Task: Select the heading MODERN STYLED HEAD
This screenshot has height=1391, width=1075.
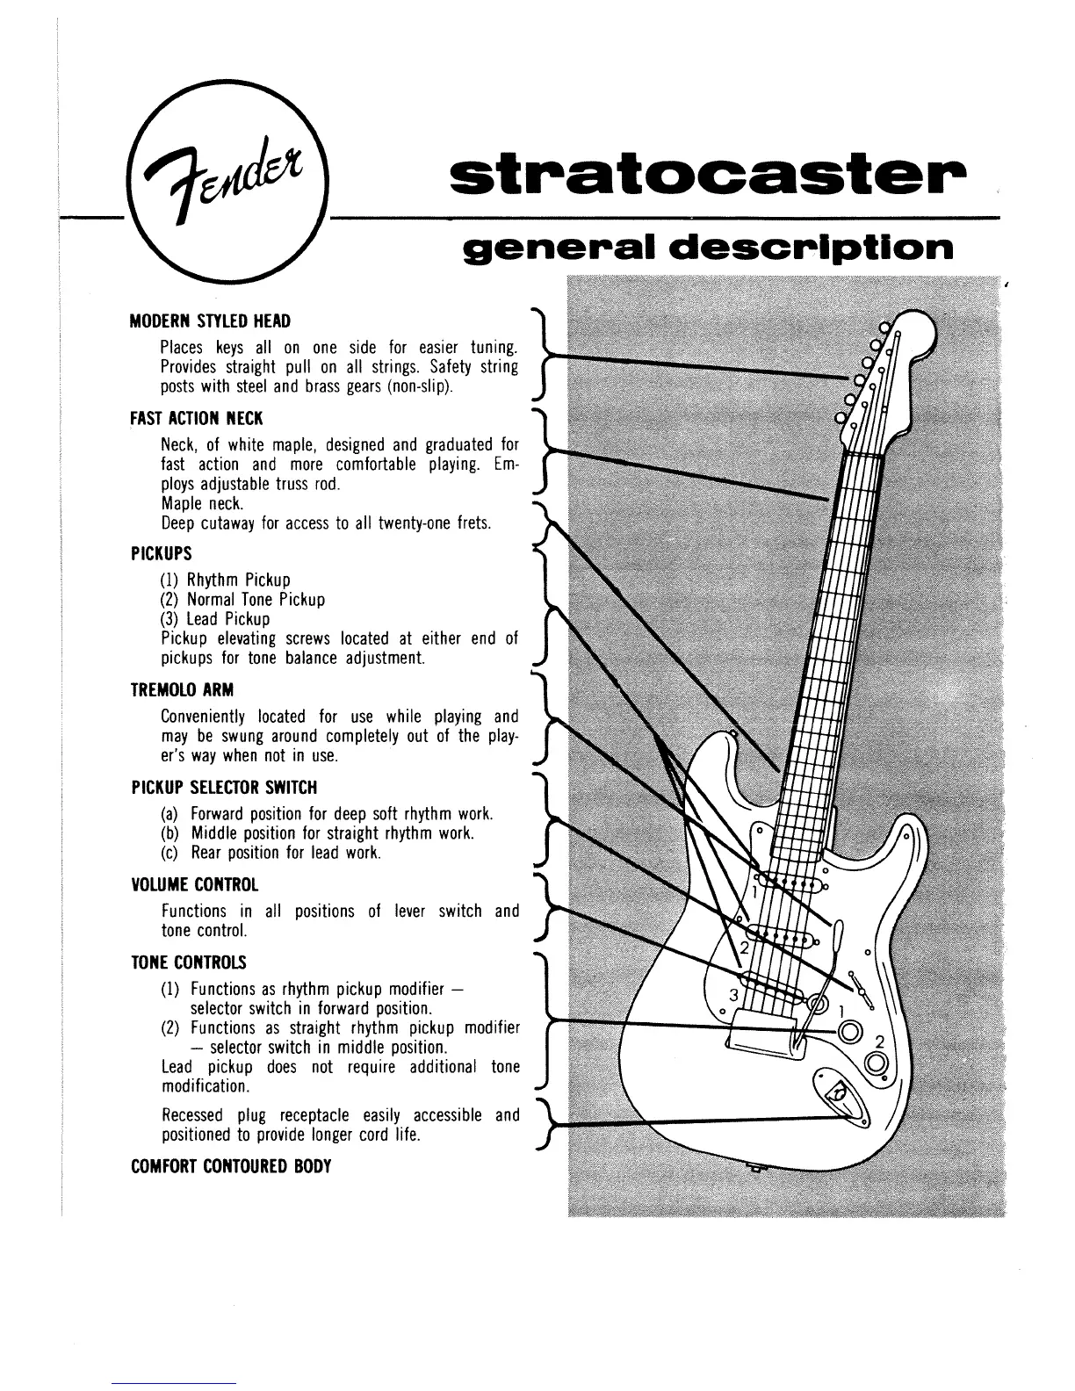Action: click(x=210, y=321)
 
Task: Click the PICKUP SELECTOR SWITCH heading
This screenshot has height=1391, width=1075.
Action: click(x=223, y=787)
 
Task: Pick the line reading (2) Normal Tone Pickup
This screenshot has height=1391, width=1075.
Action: click(x=242, y=600)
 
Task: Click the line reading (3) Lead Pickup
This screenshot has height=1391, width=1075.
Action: click(x=214, y=619)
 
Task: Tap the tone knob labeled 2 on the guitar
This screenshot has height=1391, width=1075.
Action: click(x=876, y=1064)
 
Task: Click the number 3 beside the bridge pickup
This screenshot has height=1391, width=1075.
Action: click(x=735, y=994)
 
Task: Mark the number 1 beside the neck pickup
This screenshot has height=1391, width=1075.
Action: click(x=754, y=892)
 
